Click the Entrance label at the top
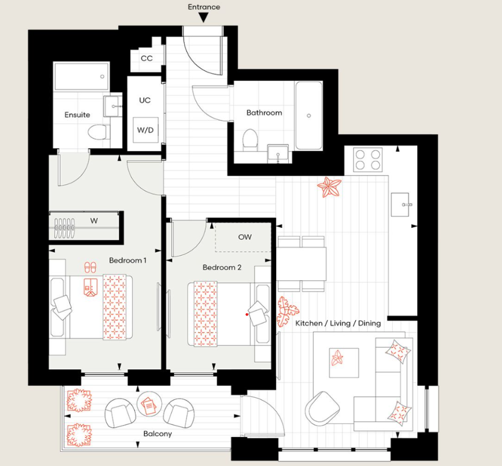coord(204,7)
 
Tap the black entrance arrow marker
coord(204,18)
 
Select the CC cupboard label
coord(147,59)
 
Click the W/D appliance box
coord(145,130)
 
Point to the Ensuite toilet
coord(97,132)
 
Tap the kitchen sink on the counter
coord(404,203)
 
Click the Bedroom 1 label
coord(128,260)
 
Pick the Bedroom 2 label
coord(222,267)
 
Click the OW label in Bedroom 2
coord(244,237)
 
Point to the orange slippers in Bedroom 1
coord(90,267)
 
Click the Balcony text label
coord(157,434)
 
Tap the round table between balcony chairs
coord(150,405)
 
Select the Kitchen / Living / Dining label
coord(338,323)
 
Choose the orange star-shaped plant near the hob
coord(329,186)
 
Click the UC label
coord(145,100)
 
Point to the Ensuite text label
coord(77,115)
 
